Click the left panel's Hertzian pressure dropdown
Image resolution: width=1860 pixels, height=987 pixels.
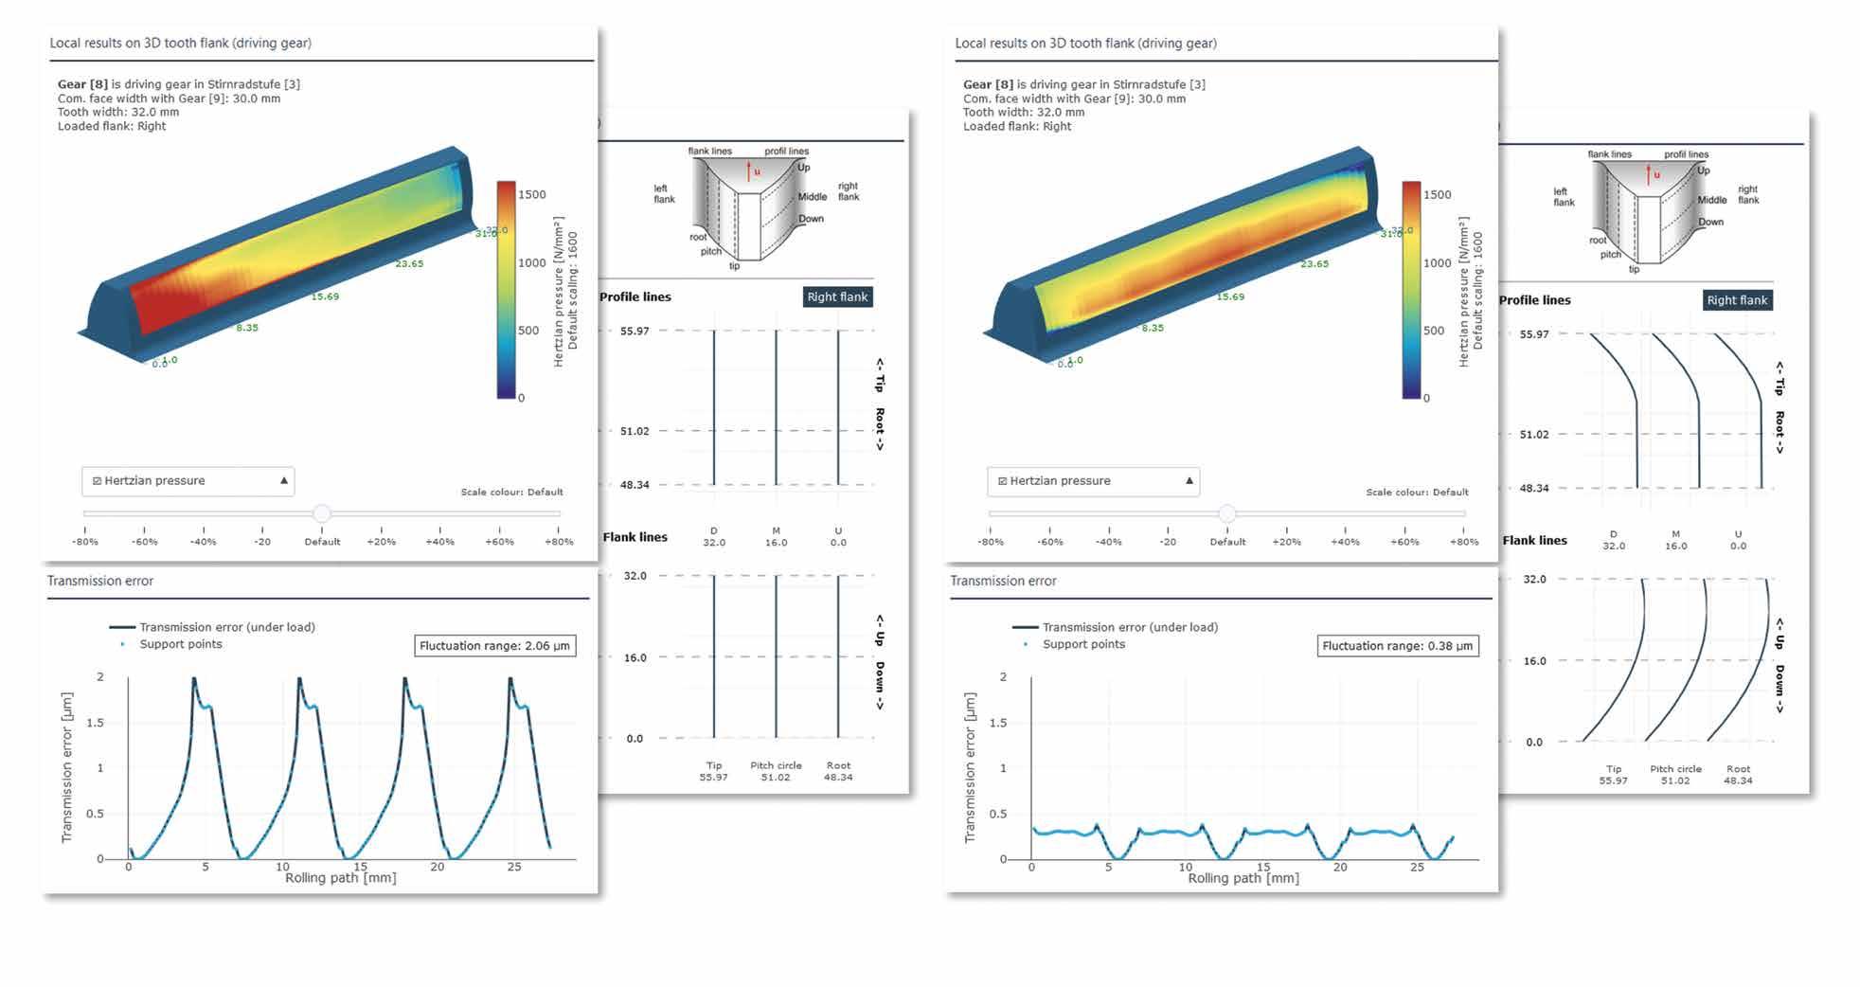tap(188, 481)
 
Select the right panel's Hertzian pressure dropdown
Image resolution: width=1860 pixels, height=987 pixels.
tap(1093, 481)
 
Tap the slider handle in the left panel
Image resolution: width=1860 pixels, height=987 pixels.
tap(322, 513)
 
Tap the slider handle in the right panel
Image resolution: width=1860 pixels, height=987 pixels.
tap(1227, 513)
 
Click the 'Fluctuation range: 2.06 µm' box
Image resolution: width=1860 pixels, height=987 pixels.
tap(495, 646)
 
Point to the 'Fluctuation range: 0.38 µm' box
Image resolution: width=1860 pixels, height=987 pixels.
tap(1398, 646)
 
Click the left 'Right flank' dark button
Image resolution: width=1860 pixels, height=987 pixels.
tap(837, 296)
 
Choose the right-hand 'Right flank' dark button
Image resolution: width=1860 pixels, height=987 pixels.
tap(1737, 300)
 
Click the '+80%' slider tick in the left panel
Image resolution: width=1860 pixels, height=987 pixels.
tap(559, 542)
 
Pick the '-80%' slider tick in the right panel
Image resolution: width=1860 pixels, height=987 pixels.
tap(991, 542)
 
